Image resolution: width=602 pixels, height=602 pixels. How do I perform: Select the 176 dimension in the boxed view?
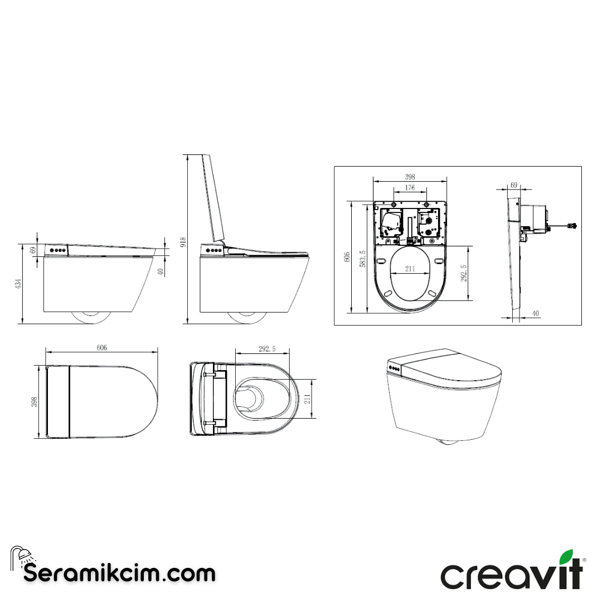click(x=410, y=187)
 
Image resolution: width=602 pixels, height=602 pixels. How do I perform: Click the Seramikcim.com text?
click(x=119, y=573)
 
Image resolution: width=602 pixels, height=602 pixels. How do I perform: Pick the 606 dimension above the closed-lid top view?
click(x=101, y=347)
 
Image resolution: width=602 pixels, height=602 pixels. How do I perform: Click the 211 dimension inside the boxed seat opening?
click(x=410, y=269)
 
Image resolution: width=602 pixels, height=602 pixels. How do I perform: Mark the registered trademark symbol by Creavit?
click(x=584, y=560)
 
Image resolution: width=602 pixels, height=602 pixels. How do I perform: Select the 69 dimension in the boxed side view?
click(x=514, y=185)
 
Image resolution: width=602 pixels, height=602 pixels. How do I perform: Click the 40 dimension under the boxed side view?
click(x=535, y=314)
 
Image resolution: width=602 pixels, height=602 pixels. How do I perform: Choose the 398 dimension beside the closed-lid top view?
click(x=33, y=401)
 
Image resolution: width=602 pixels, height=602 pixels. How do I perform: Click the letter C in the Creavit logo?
click(x=454, y=577)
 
